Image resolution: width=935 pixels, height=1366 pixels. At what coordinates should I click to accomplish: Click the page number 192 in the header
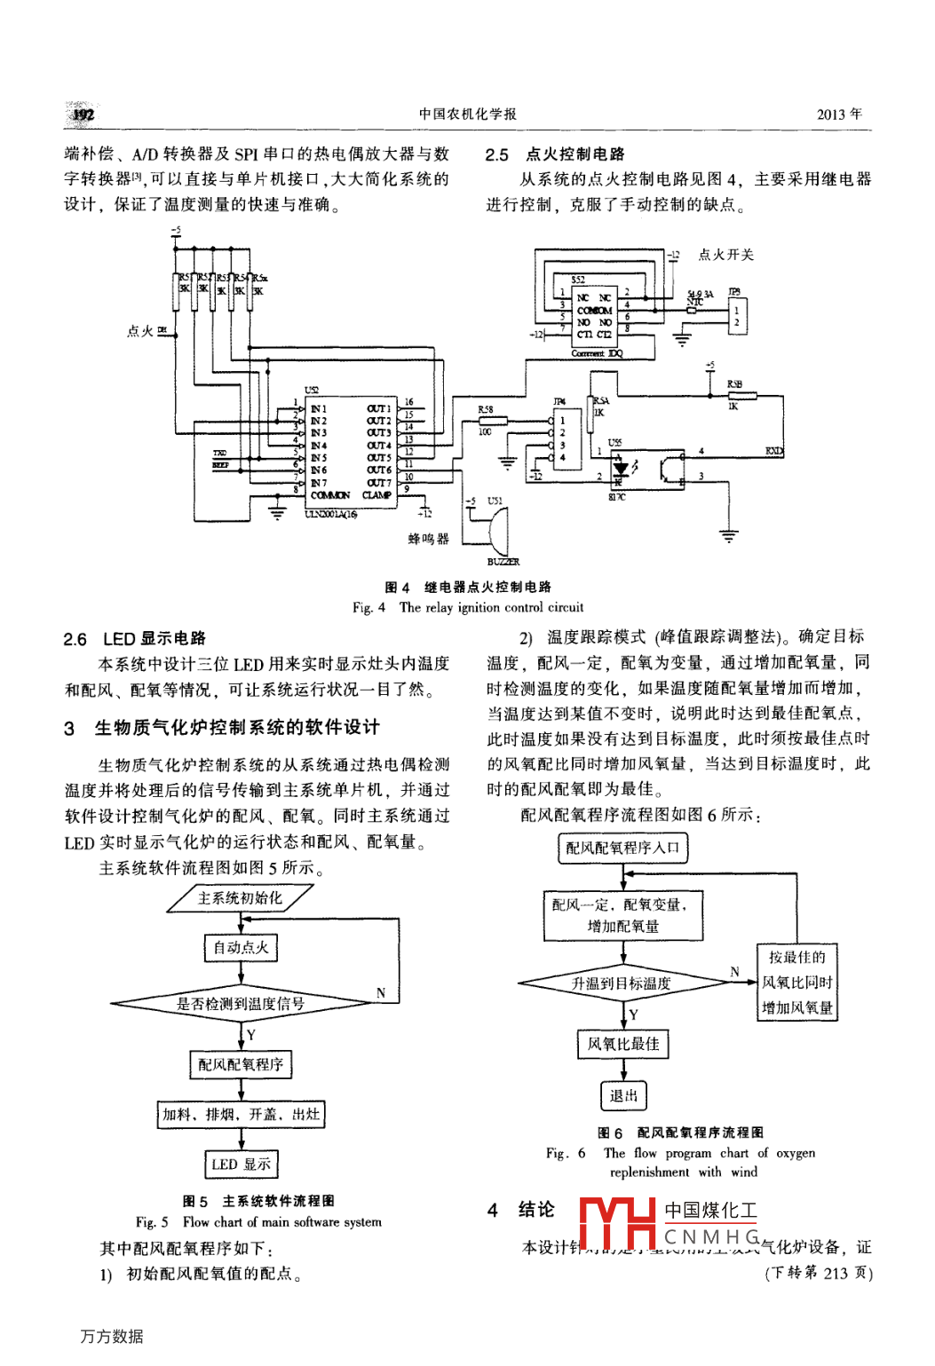83,114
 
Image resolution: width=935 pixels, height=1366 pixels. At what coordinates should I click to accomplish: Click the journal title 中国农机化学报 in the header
467,114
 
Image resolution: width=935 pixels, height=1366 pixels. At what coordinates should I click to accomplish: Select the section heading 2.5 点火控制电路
555,154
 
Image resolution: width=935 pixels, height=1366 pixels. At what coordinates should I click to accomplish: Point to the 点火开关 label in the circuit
725,255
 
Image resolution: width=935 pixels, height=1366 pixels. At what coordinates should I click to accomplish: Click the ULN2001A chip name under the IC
330,514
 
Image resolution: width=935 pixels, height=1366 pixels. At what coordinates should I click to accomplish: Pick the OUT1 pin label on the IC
378,408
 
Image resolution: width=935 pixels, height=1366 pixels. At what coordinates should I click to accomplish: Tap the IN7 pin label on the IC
319,483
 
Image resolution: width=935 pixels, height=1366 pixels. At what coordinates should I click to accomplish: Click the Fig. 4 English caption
468,608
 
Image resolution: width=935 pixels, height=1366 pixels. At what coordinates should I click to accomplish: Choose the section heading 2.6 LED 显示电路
134,639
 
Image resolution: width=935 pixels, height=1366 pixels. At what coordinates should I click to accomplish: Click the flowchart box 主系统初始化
240,898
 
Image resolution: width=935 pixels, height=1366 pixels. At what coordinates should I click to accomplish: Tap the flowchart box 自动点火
241,947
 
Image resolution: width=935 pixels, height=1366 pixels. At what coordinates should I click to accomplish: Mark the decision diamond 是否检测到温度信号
241,1004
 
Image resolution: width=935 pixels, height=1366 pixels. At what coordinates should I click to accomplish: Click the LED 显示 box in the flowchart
241,1164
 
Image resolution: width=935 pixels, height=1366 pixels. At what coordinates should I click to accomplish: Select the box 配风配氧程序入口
622,848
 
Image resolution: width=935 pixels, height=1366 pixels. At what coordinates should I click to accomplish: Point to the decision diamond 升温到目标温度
622,983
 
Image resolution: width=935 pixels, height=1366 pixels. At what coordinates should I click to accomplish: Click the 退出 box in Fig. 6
623,1095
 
